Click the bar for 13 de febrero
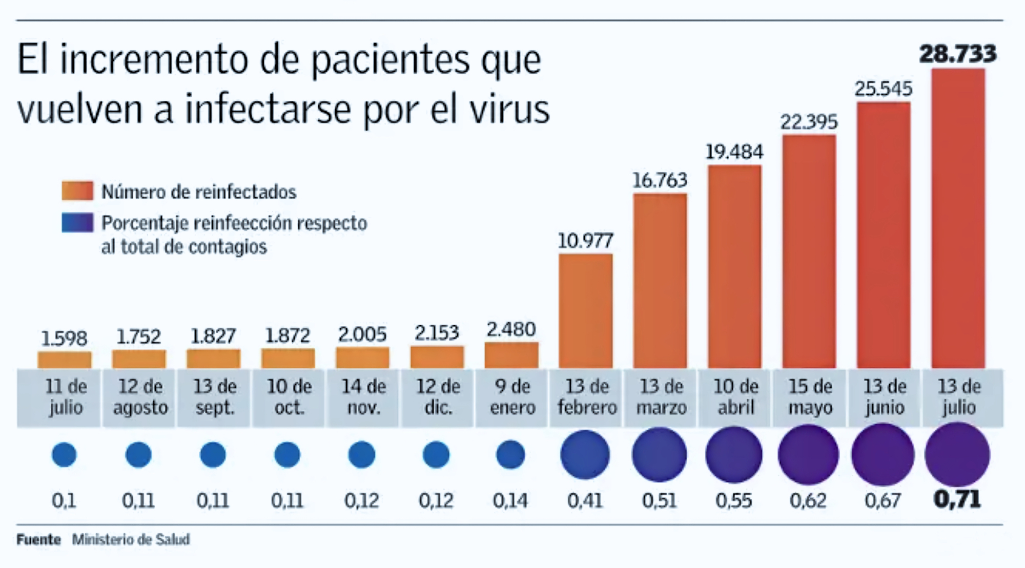tap(585, 310)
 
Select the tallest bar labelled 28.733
tap(958, 218)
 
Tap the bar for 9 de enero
tap(511, 355)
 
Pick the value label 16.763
tap(660, 180)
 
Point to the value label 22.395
tap(809, 122)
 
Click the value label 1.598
tap(64, 338)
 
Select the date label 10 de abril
tap(735, 397)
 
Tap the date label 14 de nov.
tap(363, 397)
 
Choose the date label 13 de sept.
tap(214, 397)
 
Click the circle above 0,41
tap(585, 455)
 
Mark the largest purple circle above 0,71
tap(957, 455)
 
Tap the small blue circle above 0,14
tap(510, 455)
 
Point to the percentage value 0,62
tap(808, 500)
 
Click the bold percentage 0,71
tap(957, 499)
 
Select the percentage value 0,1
tap(64, 500)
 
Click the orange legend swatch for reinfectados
tap(77, 191)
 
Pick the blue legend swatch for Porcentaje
tap(77, 223)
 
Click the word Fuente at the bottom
tap(38, 539)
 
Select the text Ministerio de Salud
tap(131, 539)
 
